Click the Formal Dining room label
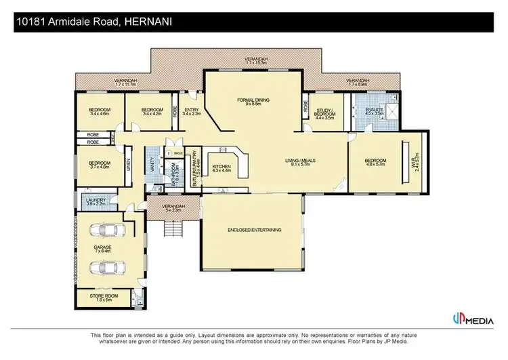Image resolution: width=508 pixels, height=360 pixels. coord(253,102)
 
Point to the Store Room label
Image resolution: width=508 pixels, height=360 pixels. coord(102,297)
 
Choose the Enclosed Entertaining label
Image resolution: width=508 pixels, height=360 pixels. coord(254,230)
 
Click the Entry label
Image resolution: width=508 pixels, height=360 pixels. coord(192,112)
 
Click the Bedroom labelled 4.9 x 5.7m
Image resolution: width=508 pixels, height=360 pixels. coord(375,162)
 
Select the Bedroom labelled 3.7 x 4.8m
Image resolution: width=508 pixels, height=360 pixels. coord(100,165)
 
